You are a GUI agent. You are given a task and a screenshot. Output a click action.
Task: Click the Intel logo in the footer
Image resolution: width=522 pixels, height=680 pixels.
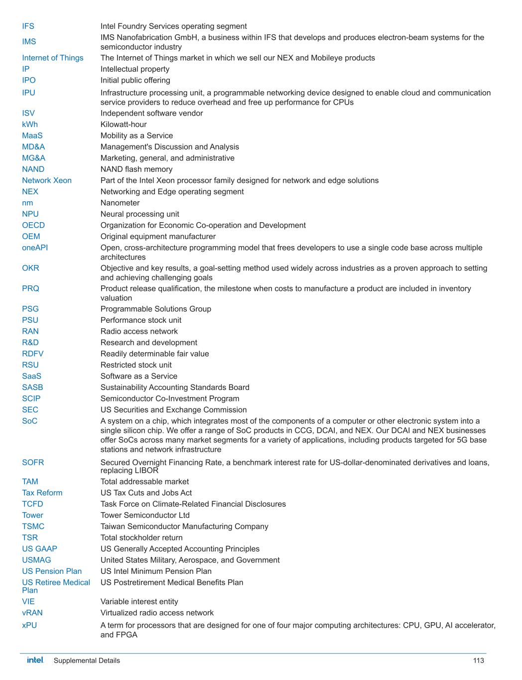coord(35,660)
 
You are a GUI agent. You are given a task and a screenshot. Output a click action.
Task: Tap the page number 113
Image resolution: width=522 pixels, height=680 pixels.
coord(478,661)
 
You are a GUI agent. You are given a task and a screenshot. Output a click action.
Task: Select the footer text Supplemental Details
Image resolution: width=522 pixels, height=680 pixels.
coord(87,661)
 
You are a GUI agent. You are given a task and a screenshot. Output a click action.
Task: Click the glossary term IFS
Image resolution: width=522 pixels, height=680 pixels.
coord(28,26)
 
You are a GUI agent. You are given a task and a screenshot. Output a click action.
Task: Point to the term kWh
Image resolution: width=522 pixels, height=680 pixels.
coord(30,125)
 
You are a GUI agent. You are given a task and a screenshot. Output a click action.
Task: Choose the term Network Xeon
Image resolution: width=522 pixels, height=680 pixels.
coord(47,180)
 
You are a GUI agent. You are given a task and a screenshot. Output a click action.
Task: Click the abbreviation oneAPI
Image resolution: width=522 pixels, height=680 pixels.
coord(35,248)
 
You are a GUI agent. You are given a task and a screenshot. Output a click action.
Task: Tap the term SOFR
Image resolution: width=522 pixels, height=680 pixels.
coord(33,462)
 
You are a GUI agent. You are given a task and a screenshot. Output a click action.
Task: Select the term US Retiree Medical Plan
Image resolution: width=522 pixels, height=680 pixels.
coord(56,586)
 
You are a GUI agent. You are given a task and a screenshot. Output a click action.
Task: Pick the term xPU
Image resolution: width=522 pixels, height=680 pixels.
coord(29,625)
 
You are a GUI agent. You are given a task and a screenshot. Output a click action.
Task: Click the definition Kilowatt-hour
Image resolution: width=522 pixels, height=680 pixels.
coord(124,125)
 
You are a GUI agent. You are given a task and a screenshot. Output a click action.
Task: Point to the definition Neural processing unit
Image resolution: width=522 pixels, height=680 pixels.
coord(140,214)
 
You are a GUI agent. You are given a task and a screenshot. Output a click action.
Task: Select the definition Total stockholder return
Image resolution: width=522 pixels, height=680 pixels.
coord(141,538)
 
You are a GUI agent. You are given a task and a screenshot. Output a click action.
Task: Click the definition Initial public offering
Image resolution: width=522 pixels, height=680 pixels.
coord(135,80)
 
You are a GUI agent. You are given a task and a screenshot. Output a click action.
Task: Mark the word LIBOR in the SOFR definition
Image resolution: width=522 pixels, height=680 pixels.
coord(147,471)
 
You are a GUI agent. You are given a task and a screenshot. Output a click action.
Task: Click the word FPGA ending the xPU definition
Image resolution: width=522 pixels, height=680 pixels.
coord(128,635)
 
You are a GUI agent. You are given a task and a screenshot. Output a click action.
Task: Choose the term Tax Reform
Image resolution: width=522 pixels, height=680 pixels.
coord(42,493)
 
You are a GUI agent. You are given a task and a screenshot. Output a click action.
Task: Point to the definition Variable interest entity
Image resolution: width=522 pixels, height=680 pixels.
coord(139,602)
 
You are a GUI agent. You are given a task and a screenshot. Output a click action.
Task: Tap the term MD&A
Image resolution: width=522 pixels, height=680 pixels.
coord(33,147)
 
